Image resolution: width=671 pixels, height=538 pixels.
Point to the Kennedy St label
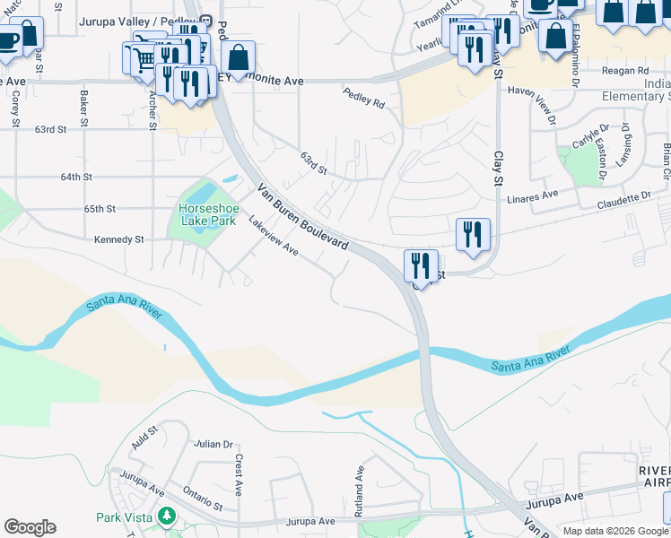click(x=119, y=239)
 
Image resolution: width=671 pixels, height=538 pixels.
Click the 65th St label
click(x=100, y=209)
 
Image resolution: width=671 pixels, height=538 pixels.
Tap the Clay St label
click(x=496, y=168)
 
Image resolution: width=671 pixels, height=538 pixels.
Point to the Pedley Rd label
click(x=363, y=98)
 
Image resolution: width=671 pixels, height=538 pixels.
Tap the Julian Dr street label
click(x=213, y=444)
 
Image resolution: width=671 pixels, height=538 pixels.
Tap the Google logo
click(x=30, y=527)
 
